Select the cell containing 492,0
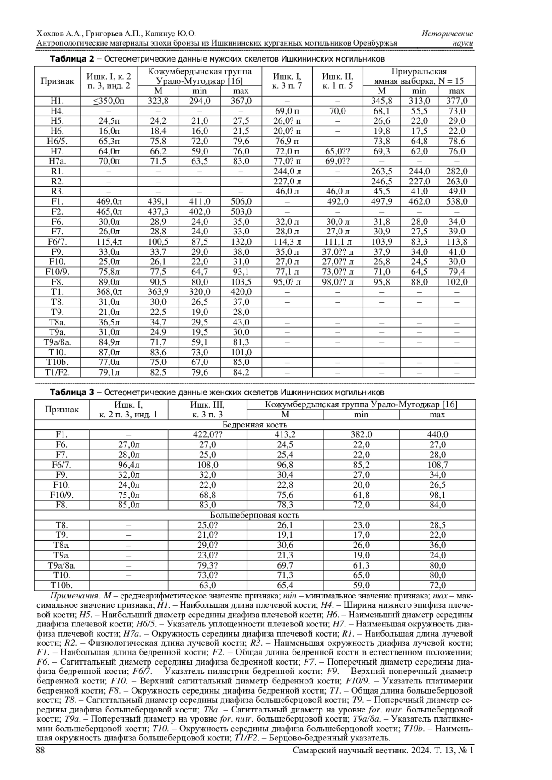pos(338,201)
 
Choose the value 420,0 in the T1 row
pos(241,292)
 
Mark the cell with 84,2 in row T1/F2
pos(241,372)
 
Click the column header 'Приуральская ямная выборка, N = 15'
pos(419,76)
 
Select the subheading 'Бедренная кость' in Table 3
pos(254,424)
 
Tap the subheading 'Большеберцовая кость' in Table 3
pos(254,515)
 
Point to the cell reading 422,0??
pos(207,434)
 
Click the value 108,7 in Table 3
pos(437,465)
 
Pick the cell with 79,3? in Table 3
pos(207,565)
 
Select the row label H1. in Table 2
pos(57,101)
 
